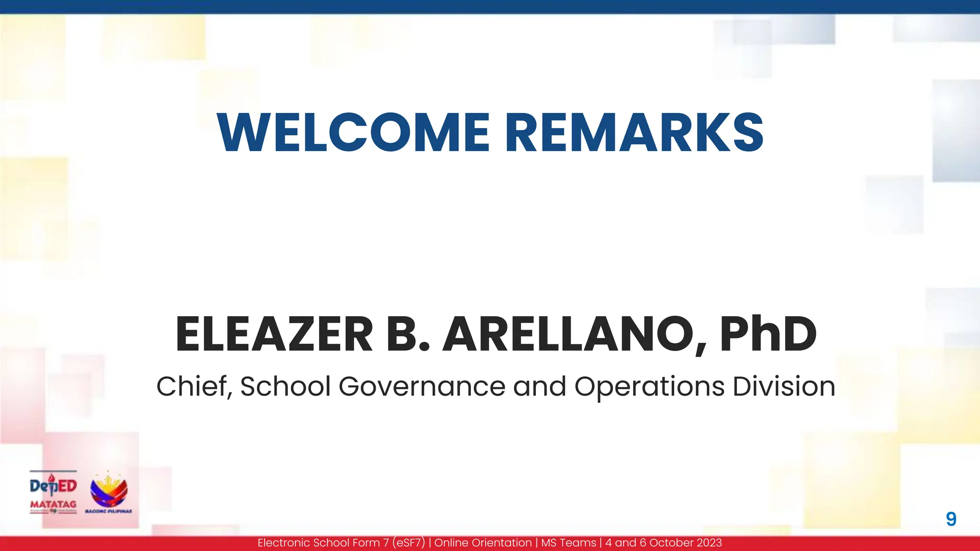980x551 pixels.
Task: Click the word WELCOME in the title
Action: pos(353,132)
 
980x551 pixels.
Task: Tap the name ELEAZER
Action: pos(274,334)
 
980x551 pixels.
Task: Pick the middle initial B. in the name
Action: pos(408,334)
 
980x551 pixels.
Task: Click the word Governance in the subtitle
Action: pos(422,386)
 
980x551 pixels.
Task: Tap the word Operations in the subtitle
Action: pos(649,386)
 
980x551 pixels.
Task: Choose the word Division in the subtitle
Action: pos(784,386)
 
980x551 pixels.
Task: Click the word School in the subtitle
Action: pos(285,386)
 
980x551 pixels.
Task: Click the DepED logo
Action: pos(53,486)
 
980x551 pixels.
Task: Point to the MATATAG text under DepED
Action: pos(53,504)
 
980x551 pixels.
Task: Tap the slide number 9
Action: pos(951,519)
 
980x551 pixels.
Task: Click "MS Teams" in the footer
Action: pos(568,543)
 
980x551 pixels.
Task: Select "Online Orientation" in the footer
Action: pos(483,543)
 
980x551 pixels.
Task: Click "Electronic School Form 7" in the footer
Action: pos(319,543)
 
